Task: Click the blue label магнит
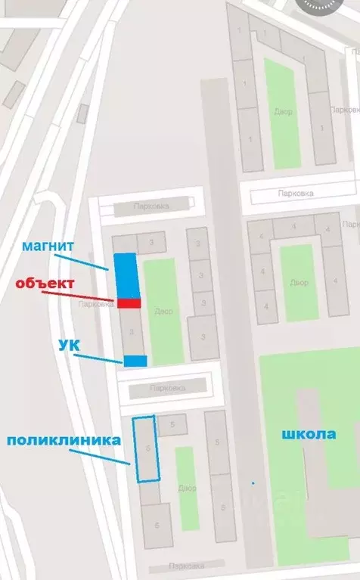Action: tap(47, 246)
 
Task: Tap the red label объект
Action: tap(45, 284)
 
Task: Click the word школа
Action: tap(309, 434)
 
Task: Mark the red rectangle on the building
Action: tap(129, 303)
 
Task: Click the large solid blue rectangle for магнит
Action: tap(126, 275)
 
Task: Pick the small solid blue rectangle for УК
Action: tap(135, 361)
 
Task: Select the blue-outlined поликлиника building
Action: tap(147, 448)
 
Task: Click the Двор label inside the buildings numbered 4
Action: tap(298, 282)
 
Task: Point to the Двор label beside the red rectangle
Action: tap(163, 311)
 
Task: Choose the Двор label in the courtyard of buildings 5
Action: tap(188, 488)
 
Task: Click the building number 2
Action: tap(197, 243)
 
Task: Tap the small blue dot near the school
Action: tap(253, 482)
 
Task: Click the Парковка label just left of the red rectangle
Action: tap(95, 304)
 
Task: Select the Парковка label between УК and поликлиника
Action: tap(166, 388)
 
